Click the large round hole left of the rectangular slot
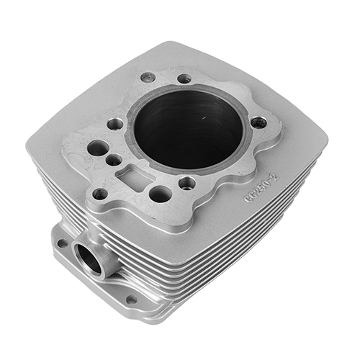click(98, 148)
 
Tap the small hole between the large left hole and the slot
click(114, 160)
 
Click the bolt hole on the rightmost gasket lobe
click(258, 123)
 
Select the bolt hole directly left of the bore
click(114, 124)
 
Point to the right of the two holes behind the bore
click(184, 78)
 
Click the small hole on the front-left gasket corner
click(99, 193)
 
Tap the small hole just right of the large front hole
click(187, 182)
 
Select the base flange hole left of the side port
click(62, 243)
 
